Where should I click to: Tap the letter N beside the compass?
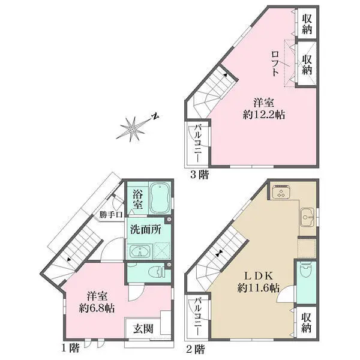point(154,116)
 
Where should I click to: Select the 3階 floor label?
point(200,175)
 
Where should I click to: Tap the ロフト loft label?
point(275,62)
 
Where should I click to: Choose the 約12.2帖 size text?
point(260,114)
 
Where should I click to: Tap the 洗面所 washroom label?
point(144,229)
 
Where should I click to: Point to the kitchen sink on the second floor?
point(306,215)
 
